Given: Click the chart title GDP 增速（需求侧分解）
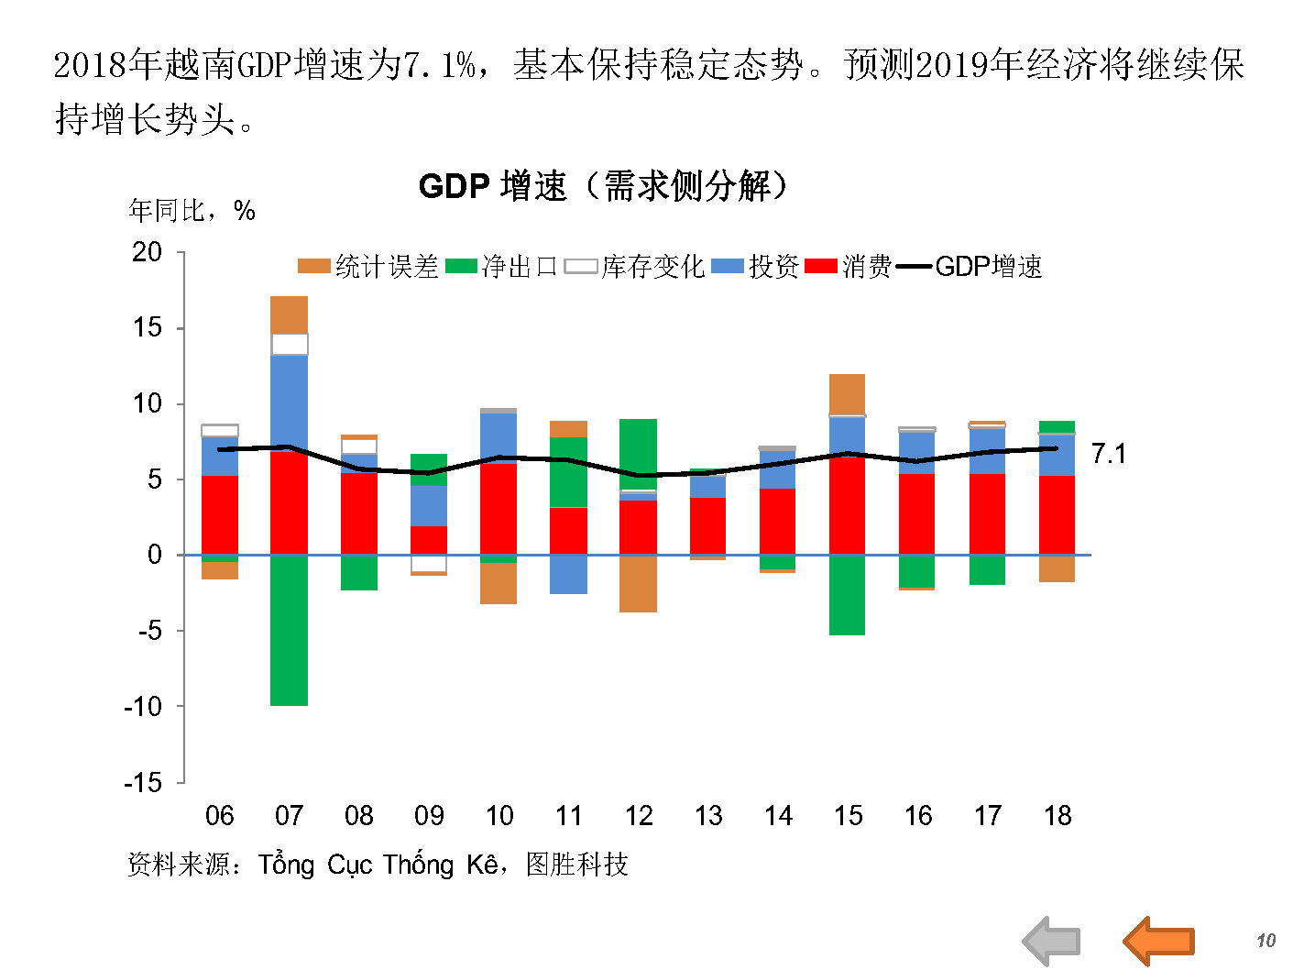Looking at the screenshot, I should [603, 186].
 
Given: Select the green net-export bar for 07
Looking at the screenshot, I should [289, 631].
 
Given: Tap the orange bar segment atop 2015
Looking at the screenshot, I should [847, 394].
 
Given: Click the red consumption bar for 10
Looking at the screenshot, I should [499, 509].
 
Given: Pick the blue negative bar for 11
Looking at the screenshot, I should [568, 575].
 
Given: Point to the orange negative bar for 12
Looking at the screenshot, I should [638, 584].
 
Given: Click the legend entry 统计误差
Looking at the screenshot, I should [368, 267].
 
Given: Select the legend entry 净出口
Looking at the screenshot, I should [501, 267].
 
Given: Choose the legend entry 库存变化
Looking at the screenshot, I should [634, 267].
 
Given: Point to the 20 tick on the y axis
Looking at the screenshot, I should [147, 252].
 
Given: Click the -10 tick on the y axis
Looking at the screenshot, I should [143, 707].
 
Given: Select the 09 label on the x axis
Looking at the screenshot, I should [429, 816].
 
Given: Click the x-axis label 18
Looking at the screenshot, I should [1057, 816].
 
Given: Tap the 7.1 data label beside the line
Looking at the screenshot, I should [1109, 454].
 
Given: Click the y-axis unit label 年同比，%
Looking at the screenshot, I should [192, 211].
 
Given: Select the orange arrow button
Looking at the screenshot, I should [1159, 941].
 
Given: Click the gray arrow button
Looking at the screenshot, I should [1052, 941].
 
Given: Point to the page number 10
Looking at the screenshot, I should [1266, 941].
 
